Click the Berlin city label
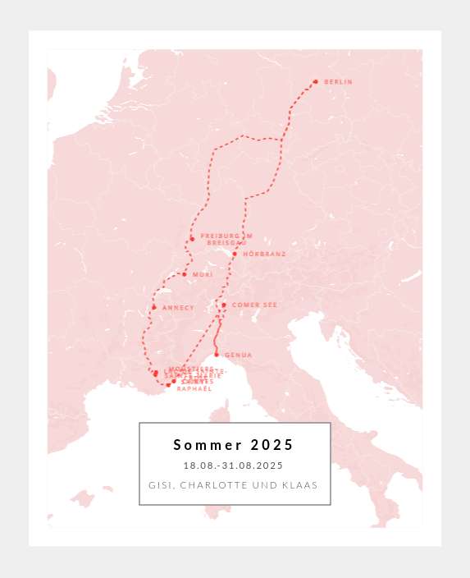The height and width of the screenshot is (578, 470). (x=338, y=82)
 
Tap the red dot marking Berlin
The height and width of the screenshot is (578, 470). (x=315, y=81)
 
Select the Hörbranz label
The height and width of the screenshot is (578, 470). (x=264, y=255)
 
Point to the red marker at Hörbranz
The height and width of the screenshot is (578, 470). (x=235, y=254)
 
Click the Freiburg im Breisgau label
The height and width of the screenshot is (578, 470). (x=226, y=240)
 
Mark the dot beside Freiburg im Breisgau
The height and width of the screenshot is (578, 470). (x=192, y=239)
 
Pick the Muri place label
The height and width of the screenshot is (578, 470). (x=202, y=274)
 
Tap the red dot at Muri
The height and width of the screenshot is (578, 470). (x=185, y=274)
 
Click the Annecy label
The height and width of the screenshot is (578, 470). (x=178, y=308)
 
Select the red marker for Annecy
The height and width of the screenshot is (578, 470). (x=153, y=308)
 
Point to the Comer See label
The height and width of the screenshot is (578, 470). (x=254, y=305)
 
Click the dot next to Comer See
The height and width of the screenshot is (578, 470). (x=223, y=305)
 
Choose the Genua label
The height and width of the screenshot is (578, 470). (x=238, y=355)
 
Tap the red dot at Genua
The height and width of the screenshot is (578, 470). (x=217, y=355)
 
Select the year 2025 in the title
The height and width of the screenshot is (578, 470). (x=272, y=445)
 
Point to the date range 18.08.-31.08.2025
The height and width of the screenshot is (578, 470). (x=234, y=466)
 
